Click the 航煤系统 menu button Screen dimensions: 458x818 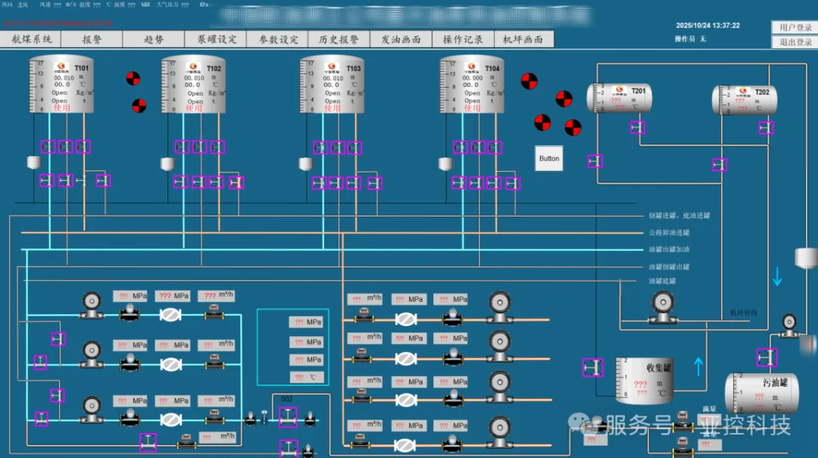coord(31,39)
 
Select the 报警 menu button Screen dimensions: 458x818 coord(92,39)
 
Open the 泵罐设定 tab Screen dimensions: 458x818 coord(217,39)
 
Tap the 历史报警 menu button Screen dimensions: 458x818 coord(339,39)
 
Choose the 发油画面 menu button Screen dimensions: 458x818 coord(401,39)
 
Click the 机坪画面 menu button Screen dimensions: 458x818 coord(523,39)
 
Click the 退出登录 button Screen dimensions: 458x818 coord(795,42)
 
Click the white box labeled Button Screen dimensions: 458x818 coord(549,158)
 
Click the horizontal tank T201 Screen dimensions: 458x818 coord(619,98)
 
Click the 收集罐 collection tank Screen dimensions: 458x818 coord(643,380)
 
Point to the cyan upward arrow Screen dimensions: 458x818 coord(698,367)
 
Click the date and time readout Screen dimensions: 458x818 coord(707,26)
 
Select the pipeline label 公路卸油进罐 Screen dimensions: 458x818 coord(669,232)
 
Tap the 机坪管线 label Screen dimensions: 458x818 coord(743,312)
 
